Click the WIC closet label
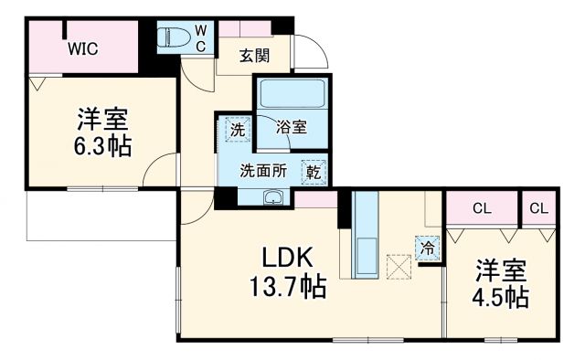[x=82, y=48]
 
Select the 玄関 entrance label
[x=255, y=56]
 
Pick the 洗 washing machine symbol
[x=237, y=131]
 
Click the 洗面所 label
[x=264, y=170]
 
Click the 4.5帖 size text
[x=501, y=296]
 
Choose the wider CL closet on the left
[x=482, y=209]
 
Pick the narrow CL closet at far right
[x=538, y=209]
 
